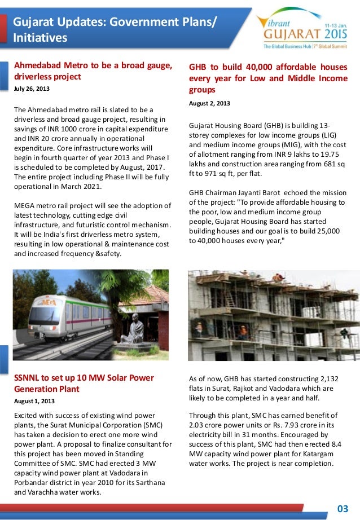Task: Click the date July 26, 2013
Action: [32, 89]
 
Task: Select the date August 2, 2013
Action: [209, 103]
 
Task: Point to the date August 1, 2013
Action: [34, 401]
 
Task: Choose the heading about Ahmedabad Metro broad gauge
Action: [93, 71]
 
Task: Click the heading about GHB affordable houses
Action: [268, 78]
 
